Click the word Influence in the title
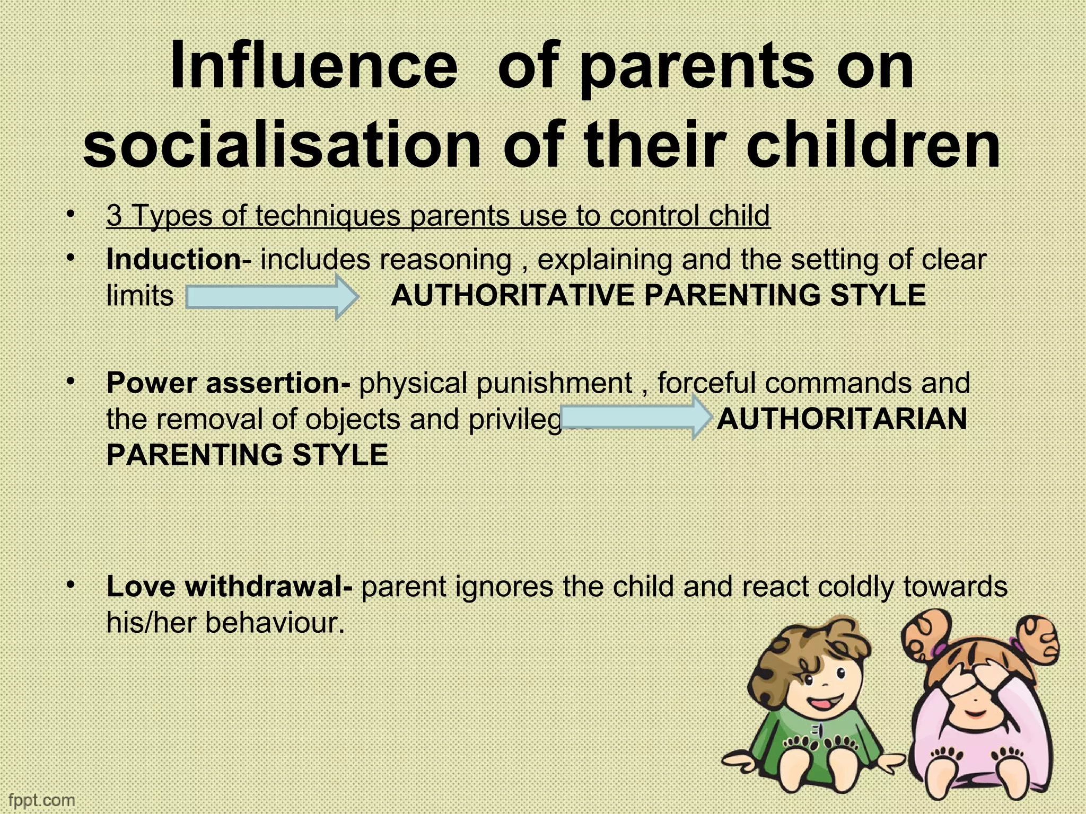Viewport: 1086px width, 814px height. click(313, 67)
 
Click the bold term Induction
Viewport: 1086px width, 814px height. click(173, 260)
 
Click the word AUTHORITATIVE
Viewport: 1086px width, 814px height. click(512, 296)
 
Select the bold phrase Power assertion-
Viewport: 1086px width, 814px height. click(228, 383)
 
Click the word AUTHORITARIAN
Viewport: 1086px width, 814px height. click(842, 419)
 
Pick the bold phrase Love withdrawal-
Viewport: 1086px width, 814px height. click(229, 587)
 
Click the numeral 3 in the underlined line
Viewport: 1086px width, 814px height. click(114, 216)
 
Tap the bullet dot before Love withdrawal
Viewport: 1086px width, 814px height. click(71, 584)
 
